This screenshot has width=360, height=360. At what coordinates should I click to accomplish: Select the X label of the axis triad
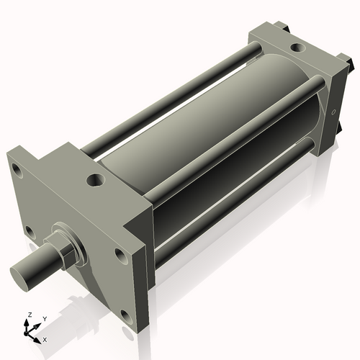click(45, 338)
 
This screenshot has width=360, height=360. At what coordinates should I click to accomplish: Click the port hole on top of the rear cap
click(296, 48)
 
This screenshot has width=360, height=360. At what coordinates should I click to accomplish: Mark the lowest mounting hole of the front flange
click(127, 315)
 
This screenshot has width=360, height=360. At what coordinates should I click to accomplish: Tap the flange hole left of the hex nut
click(29, 231)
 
